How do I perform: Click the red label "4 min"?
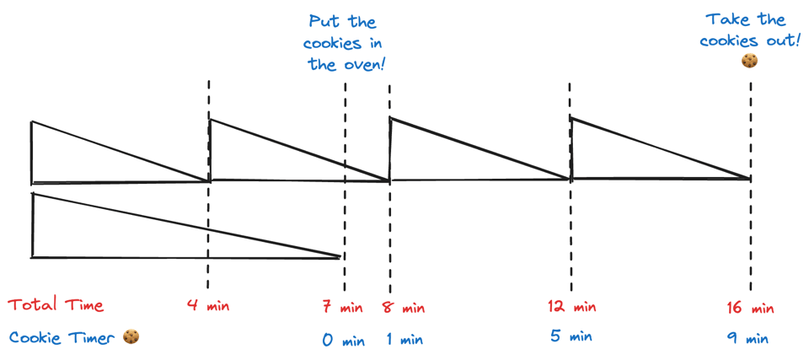point(207,305)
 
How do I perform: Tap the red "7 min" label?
point(342,308)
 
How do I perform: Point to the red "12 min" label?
point(572,307)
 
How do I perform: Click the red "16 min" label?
point(749,308)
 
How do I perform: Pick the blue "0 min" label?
point(343,341)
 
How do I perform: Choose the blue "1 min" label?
point(404,341)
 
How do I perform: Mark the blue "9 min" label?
point(748,339)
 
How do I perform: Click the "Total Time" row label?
point(56,305)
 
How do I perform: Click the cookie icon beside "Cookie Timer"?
point(130,337)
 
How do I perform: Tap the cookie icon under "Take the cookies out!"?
point(749,61)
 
